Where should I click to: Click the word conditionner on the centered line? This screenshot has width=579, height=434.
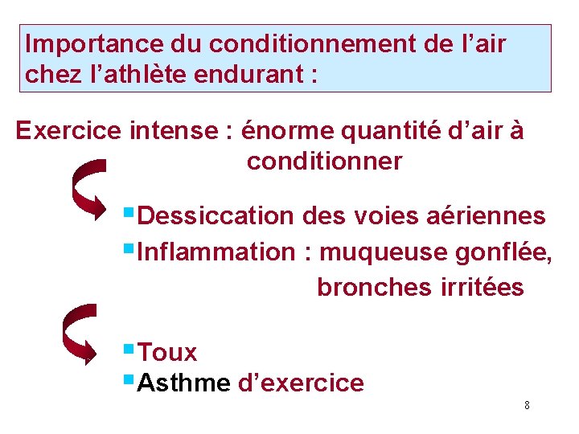[324, 162]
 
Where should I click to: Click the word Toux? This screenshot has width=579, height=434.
[167, 352]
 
